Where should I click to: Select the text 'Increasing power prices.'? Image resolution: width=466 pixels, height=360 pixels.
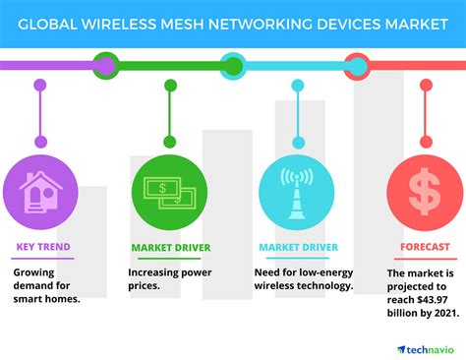point(169,277)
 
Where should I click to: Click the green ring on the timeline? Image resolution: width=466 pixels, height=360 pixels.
point(105,66)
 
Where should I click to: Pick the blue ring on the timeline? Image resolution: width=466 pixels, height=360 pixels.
point(233,66)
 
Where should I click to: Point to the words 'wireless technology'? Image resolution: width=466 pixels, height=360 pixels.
point(303,285)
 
